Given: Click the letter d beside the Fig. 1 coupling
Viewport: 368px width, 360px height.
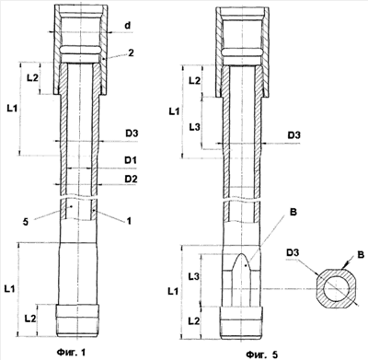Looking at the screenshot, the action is [x=128, y=26].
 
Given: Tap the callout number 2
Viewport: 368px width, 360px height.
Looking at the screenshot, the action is [x=131, y=53].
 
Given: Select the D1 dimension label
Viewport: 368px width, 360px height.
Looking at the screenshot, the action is [x=131, y=160].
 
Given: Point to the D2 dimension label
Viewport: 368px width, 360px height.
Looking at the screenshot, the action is [x=131, y=179].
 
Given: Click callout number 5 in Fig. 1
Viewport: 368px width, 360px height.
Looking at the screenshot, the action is [x=26, y=222].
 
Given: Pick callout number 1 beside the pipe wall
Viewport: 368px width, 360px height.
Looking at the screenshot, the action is [x=129, y=221].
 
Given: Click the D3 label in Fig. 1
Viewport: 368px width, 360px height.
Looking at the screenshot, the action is [x=132, y=134].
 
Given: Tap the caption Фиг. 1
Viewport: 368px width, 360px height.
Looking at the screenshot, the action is [x=71, y=352].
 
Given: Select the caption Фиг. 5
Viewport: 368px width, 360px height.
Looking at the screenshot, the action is [x=262, y=354].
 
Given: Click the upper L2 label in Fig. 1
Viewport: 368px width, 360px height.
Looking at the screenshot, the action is [x=32, y=77].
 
